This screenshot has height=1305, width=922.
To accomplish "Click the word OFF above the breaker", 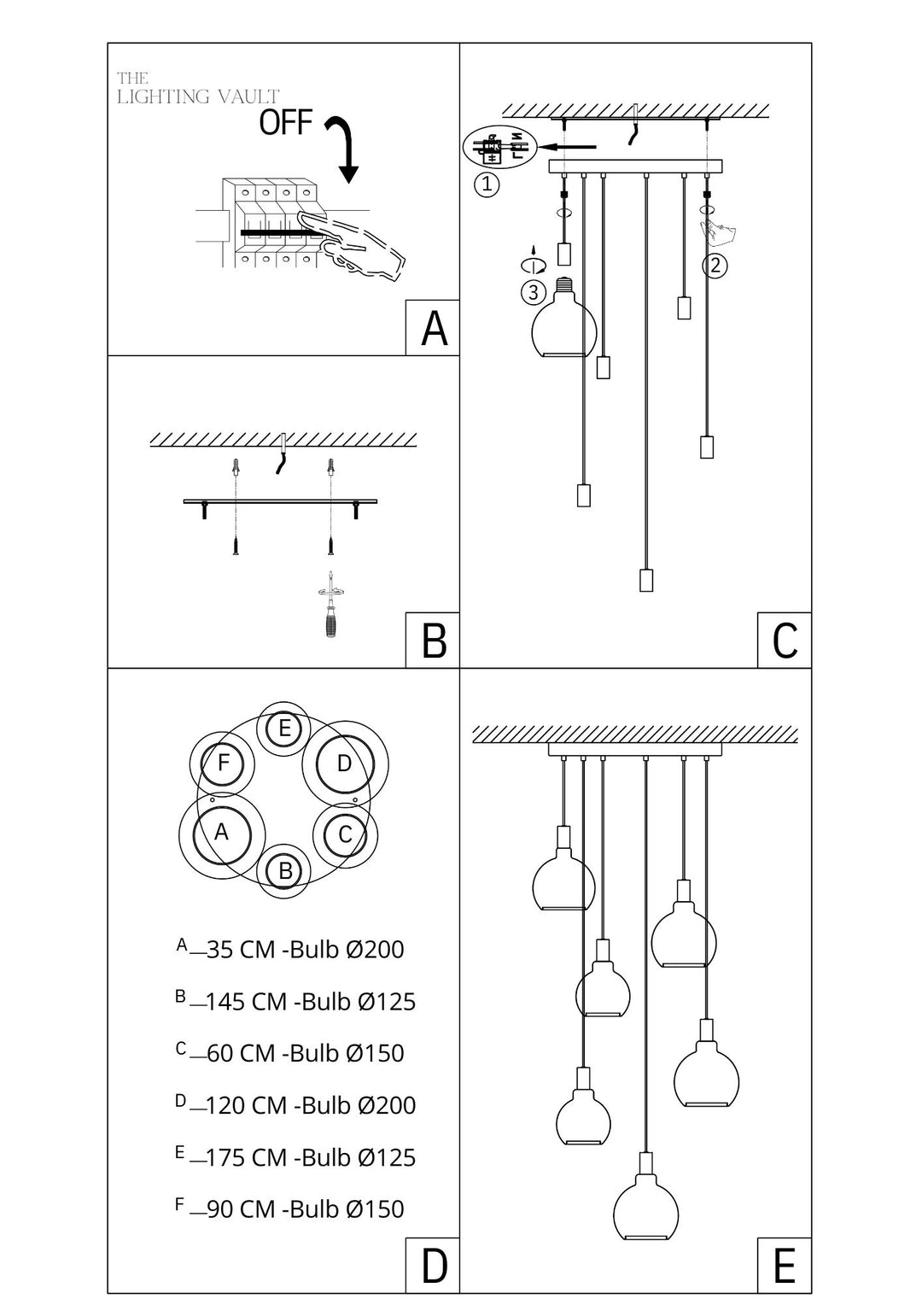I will tap(286, 123).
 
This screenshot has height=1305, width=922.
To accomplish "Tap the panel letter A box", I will tap(433, 328).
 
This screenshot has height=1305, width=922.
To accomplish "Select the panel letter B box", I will tap(433, 641).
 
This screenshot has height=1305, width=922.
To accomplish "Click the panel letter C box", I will tap(785, 641).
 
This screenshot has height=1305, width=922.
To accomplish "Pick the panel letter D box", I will tap(433, 1265).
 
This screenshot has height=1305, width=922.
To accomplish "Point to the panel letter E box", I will tap(785, 1265).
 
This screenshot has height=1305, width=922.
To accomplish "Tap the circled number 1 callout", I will tap(487, 184).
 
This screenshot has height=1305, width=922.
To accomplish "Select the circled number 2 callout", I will tap(715, 266).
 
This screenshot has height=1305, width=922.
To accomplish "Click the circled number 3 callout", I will tap(534, 293).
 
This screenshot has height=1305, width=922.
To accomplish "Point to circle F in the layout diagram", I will tap(223, 763).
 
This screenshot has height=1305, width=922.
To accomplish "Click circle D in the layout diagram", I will tap(345, 764).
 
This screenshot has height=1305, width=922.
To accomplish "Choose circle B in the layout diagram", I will tap(285, 871).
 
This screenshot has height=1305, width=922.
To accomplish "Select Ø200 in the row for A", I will tap(375, 950).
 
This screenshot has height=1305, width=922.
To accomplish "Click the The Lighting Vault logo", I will tap(198, 89).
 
